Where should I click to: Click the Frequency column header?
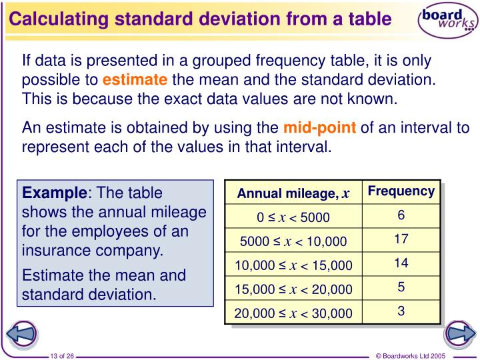401,191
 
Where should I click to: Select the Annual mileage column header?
293,193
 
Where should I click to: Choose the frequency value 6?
401,215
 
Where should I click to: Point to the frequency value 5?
401,287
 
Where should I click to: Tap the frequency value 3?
401,311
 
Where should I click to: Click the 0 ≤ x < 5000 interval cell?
293,217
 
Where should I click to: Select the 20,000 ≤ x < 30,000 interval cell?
293,313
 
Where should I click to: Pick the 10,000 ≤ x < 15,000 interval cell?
293,265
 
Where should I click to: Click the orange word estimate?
135,81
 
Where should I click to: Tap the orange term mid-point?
320,127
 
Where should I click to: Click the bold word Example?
55,193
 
